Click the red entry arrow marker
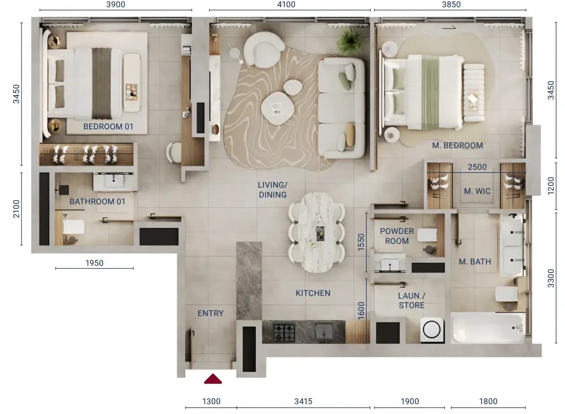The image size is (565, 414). tap(213, 379)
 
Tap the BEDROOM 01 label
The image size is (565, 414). tap(108, 126)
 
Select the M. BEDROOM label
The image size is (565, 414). tap(457, 145)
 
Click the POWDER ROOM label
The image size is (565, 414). tap(397, 236)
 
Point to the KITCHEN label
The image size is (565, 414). tap(313, 293)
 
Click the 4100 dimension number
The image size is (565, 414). tap(286, 4)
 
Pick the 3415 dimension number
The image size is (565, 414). tap(303, 401)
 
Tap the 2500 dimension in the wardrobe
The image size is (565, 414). tap(477, 167)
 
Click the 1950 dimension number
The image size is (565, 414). tap(95, 263)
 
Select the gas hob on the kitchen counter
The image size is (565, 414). tap(284, 333)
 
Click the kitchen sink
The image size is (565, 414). tap(324, 331)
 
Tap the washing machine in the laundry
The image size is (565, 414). tap(431, 330)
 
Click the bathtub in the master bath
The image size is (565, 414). tap(488, 328)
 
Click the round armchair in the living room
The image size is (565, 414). tap(264, 50)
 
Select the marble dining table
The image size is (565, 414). tap(317, 233)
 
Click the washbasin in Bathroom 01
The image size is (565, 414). tap(115, 181)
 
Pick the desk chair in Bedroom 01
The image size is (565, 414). tap(174, 153)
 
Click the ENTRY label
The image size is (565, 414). tap(211, 313)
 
